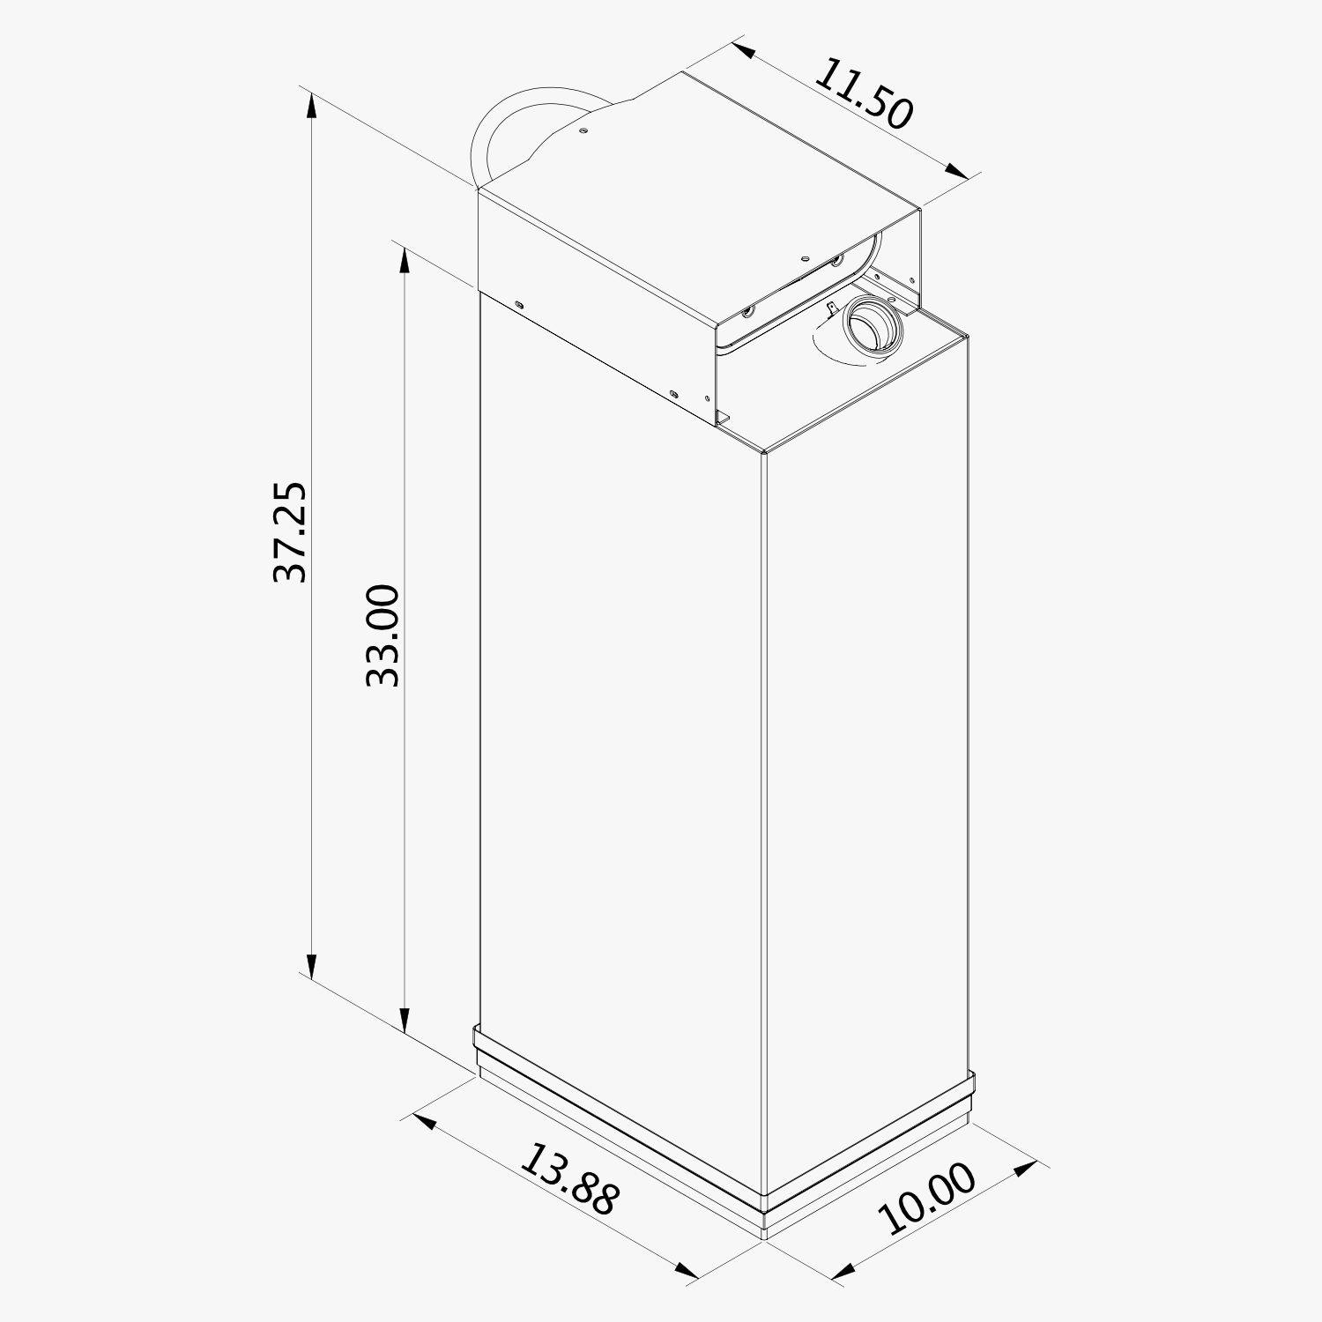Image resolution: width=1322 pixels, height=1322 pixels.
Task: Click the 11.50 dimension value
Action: pos(862,94)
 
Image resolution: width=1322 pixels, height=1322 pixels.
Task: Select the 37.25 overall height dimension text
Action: pos(290,531)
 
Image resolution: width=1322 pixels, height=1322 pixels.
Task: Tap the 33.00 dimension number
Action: pos(383,635)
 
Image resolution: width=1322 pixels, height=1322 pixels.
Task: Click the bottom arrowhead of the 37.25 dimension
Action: pos(311,964)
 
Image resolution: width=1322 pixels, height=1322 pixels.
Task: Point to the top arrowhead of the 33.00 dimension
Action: pos(405,261)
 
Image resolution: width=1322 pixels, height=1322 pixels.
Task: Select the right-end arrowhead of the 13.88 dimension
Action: pos(687,1270)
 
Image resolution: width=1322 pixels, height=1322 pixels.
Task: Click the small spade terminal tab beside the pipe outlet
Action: pos(830,308)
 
